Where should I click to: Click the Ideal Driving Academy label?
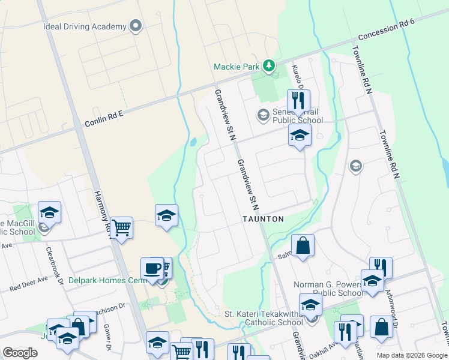[85, 26]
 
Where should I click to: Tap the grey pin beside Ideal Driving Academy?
[136, 26]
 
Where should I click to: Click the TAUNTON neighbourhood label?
[263, 219]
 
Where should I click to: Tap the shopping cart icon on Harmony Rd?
[121, 228]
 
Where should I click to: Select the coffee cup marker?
[152, 268]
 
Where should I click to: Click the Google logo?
[20, 352]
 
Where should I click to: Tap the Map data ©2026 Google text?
[411, 355]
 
